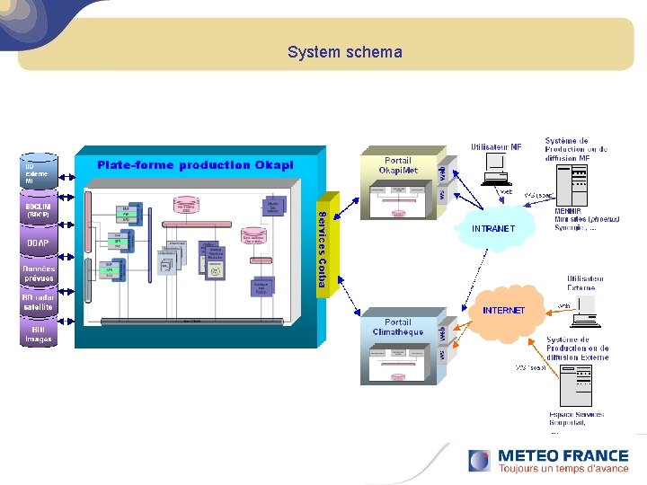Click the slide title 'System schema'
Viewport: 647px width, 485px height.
pos(345,52)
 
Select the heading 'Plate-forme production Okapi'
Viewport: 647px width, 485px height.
pos(195,164)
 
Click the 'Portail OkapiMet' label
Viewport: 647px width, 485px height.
pos(397,165)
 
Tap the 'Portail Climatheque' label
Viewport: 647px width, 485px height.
pos(397,327)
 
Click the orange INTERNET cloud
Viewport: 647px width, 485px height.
pos(503,310)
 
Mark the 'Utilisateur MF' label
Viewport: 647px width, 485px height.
pos(495,146)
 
